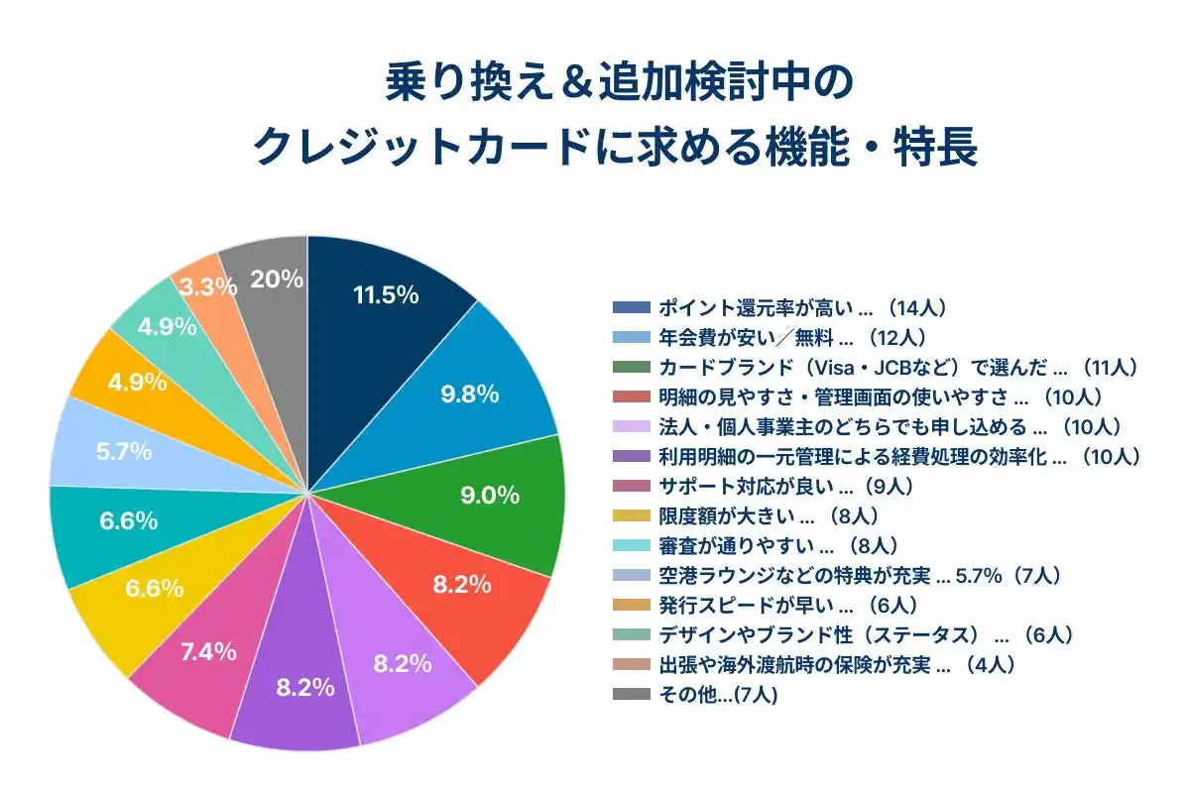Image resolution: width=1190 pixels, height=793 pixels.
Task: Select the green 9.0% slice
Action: click(x=496, y=496)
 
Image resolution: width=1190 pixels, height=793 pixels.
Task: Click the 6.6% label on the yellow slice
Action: click(x=154, y=588)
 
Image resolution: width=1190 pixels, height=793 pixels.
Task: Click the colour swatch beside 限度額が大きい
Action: click(x=631, y=515)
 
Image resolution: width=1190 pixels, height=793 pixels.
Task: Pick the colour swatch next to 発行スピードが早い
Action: click(x=631, y=605)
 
